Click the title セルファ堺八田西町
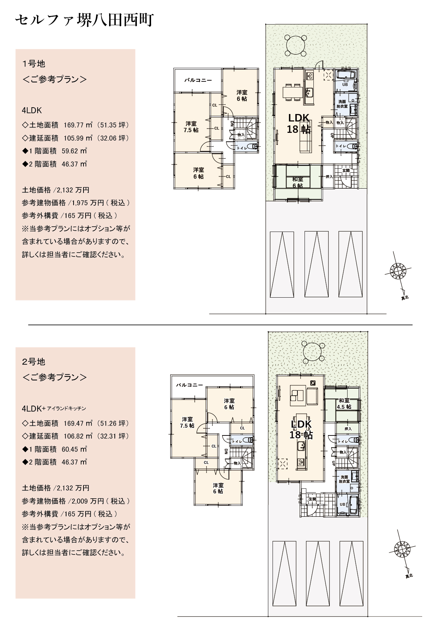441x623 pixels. click(x=84, y=20)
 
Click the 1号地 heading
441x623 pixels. click(x=34, y=64)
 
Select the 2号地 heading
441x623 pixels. click(x=34, y=362)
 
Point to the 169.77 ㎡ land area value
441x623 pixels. click(x=78, y=125)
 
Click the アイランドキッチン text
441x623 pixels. click(x=66, y=409)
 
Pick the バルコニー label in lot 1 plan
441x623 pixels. click(x=198, y=80)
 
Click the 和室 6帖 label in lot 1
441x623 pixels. click(x=297, y=183)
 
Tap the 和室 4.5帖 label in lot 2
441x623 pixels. click(x=344, y=404)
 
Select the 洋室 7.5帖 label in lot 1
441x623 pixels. click(x=191, y=127)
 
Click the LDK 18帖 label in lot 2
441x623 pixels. click(x=301, y=429)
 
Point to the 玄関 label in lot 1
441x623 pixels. click(x=346, y=170)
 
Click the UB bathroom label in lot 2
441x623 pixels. click(x=342, y=504)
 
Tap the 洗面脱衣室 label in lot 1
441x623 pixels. click(x=342, y=104)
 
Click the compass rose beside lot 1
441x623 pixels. click(x=398, y=271)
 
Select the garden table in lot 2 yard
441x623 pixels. click(x=312, y=351)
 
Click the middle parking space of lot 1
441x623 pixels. click(x=316, y=265)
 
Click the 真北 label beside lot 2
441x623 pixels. click(x=409, y=576)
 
